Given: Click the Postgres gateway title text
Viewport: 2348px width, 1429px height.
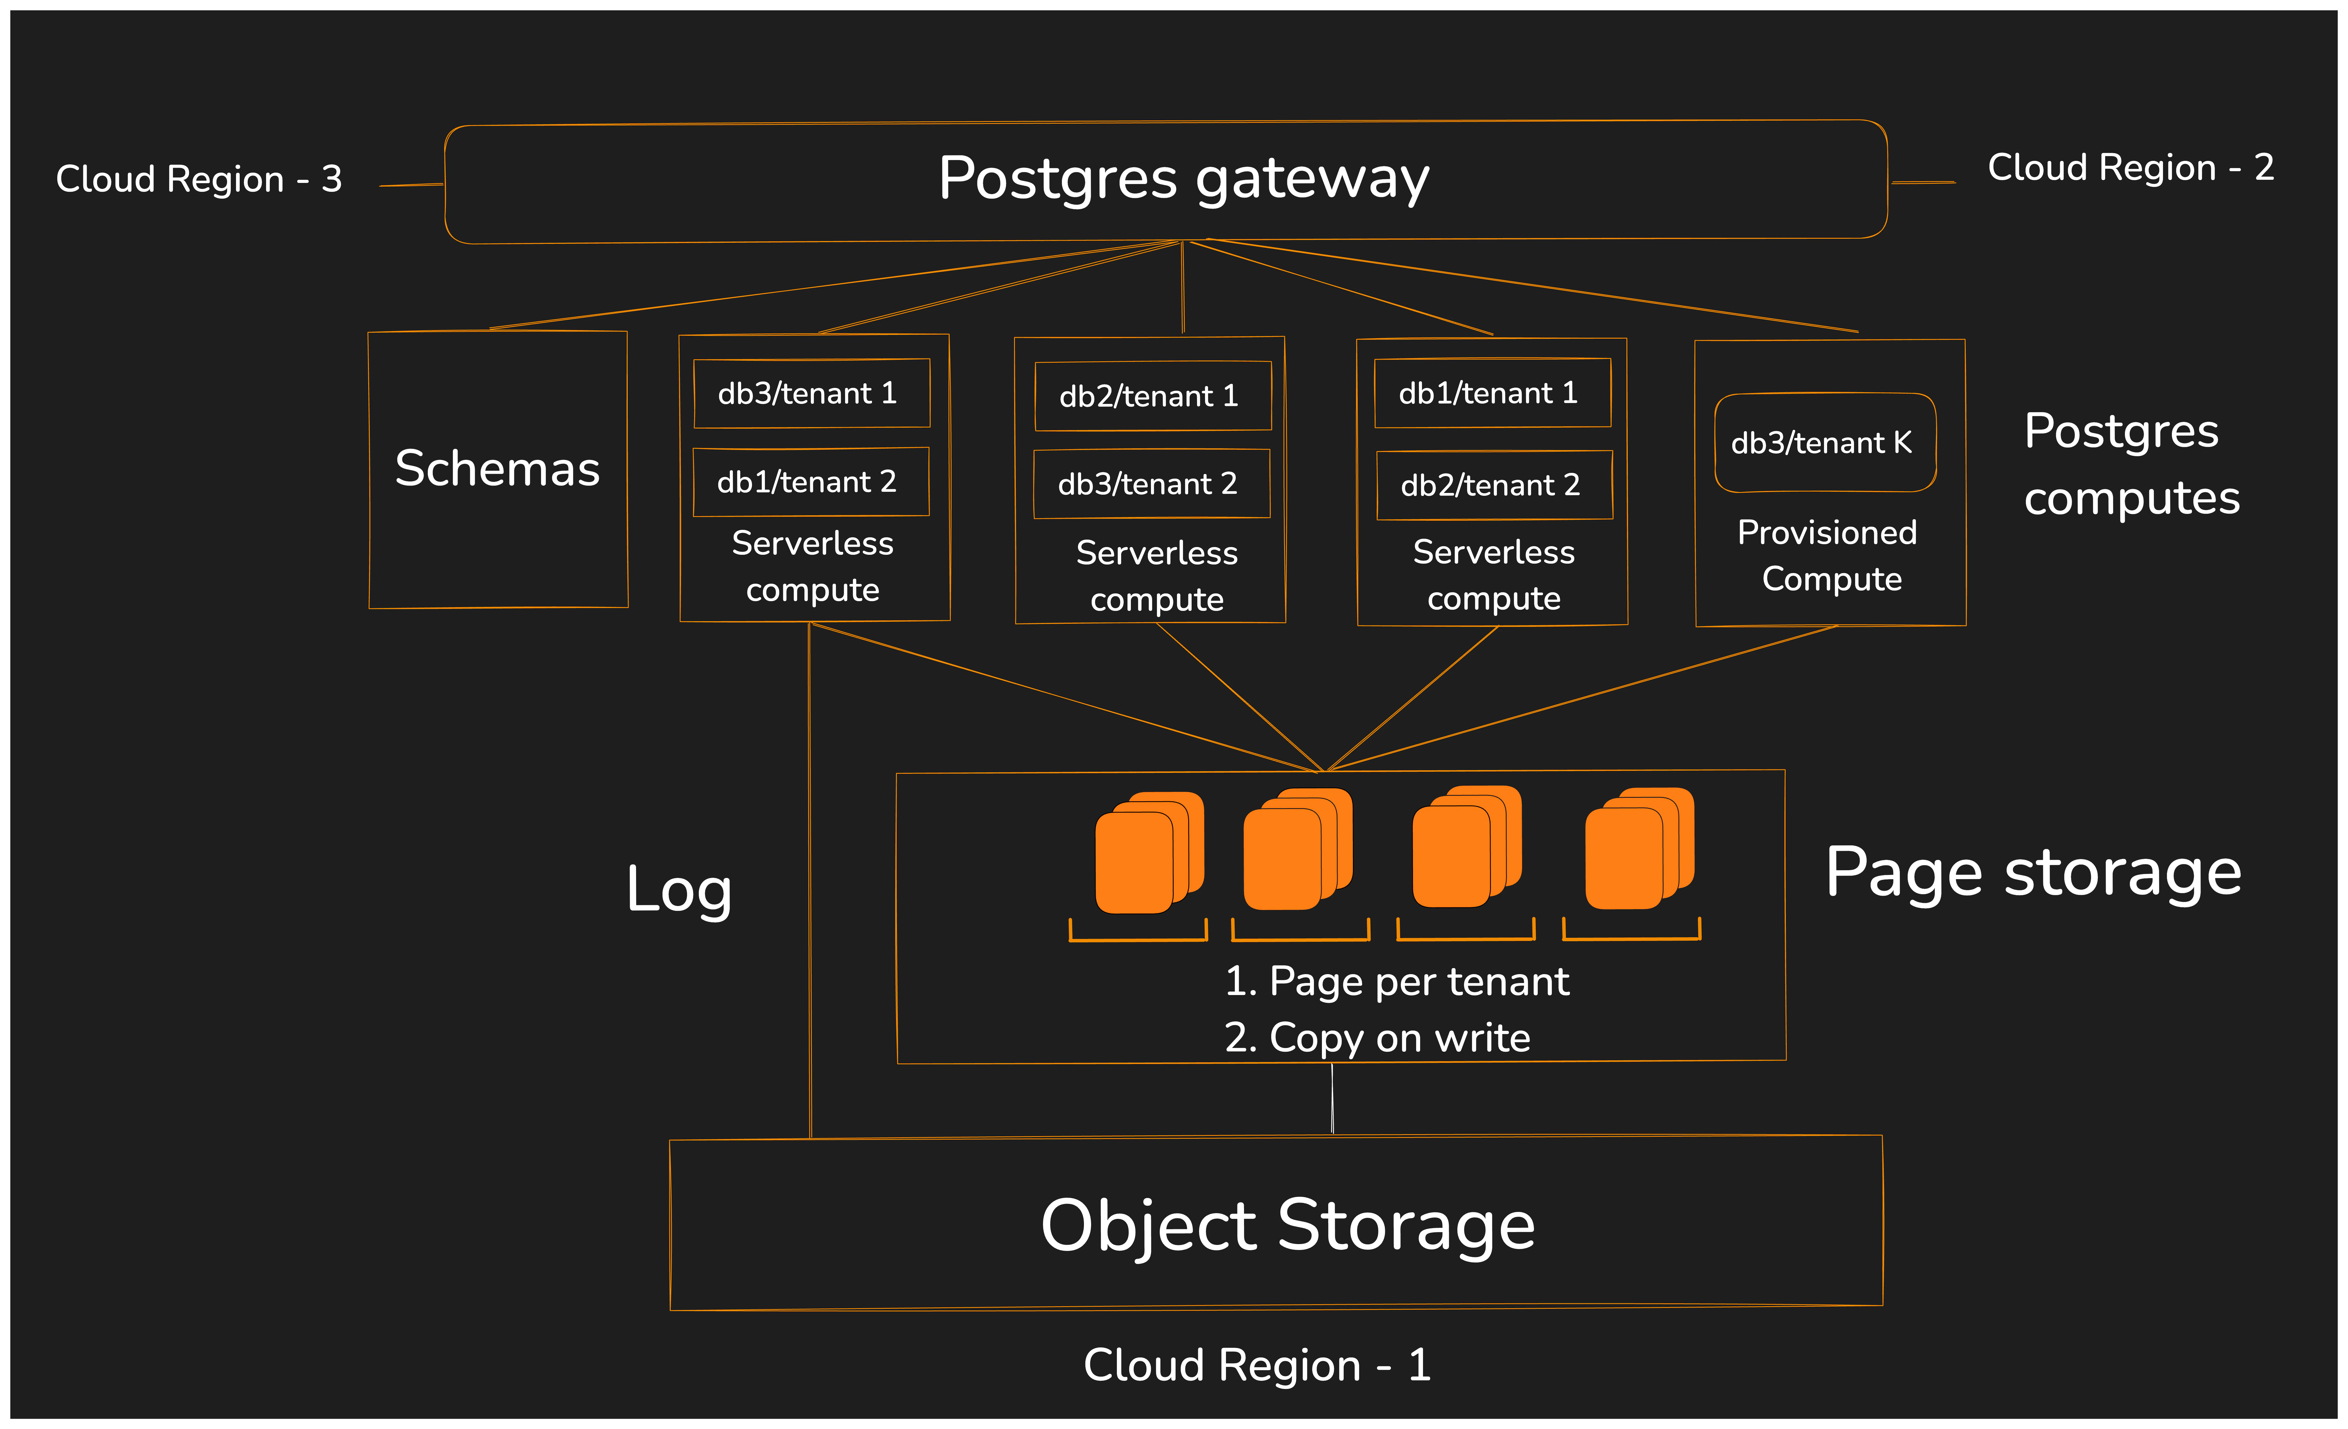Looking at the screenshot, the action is pos(1184,179).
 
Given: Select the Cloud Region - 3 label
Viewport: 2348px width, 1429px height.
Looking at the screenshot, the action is pos(199,179).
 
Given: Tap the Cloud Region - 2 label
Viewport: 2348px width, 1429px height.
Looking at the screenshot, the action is pos(2131,168).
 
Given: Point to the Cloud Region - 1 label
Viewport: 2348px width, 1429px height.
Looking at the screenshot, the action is pos(1257,1365).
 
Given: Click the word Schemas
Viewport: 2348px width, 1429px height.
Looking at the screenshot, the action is pos(497,469).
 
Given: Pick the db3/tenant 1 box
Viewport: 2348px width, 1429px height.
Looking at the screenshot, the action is pos(812,393).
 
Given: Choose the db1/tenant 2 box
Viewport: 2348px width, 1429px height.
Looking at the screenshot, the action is pos(811,482).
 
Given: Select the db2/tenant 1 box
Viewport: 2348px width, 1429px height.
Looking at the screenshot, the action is pos(1153,395).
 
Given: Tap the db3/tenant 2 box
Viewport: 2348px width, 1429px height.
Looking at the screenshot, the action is pos(1152,484).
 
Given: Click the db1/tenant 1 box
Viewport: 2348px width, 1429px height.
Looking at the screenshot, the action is pos(1492,392).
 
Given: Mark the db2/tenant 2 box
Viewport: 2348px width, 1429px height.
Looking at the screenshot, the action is pos(1494,485).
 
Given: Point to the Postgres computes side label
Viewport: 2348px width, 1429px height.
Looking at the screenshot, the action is pos(2132,464).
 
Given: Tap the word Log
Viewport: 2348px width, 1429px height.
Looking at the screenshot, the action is pos(680,890).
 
